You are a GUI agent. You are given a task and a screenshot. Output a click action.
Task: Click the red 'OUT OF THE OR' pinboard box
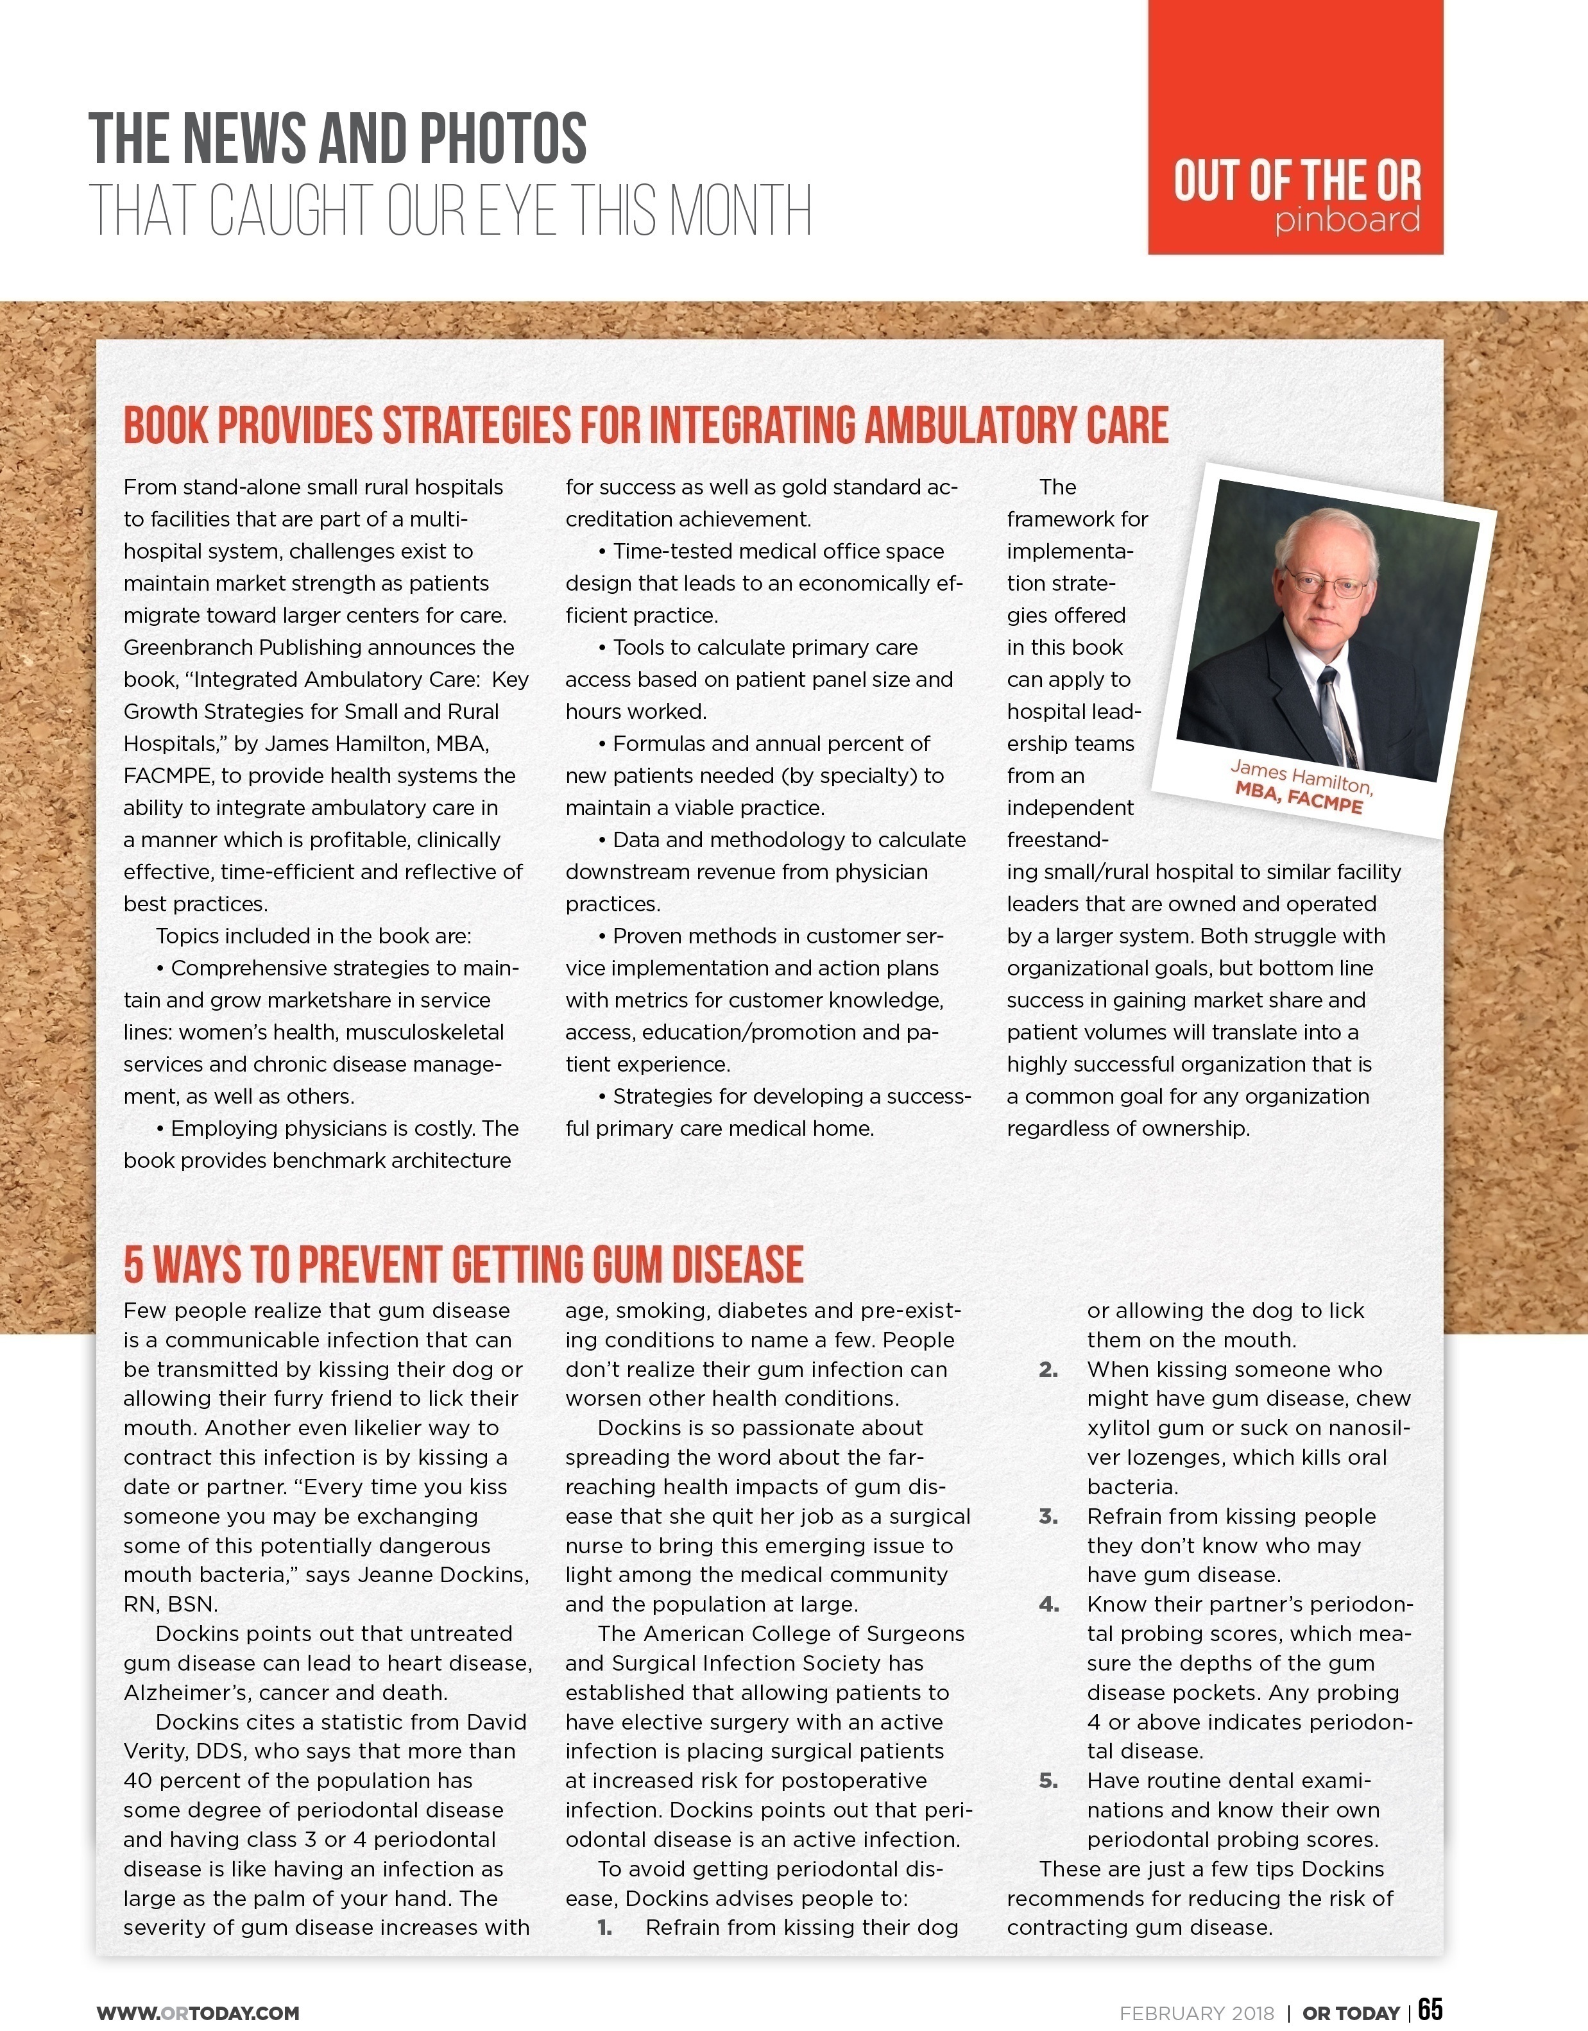(x=1295, y=128)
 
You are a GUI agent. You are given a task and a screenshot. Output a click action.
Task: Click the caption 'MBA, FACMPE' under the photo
(x=1299, y=798)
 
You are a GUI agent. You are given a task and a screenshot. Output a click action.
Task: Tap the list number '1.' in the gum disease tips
(x=604, y=1928)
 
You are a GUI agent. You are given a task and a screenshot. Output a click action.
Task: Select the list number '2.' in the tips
(x=1048, y=1370)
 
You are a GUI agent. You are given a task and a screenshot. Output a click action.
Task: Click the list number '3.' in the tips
(x=1048, y=1517)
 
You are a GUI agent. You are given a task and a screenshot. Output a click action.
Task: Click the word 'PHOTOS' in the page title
(x=502, y=139)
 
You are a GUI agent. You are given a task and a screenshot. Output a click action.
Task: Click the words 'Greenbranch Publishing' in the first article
(x=241, y=647)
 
